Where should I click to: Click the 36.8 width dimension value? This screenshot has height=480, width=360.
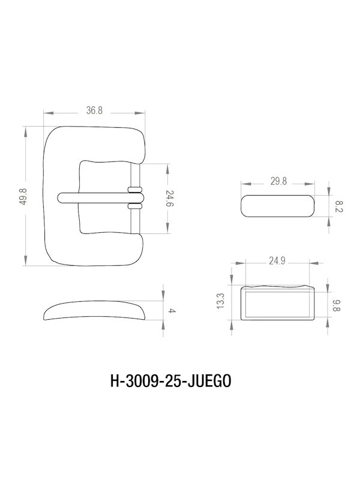click(x=94, y=111)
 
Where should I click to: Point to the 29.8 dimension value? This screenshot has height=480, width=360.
click(x=278, y=181)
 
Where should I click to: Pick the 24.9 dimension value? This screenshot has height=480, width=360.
click(x=277, y=261)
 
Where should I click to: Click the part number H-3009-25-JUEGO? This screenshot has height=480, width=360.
click(x=171, y=380)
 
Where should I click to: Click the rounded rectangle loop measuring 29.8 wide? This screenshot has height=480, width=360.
click(x=278, y=206)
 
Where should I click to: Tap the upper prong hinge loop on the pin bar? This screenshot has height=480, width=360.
click(x=135, y=191)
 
